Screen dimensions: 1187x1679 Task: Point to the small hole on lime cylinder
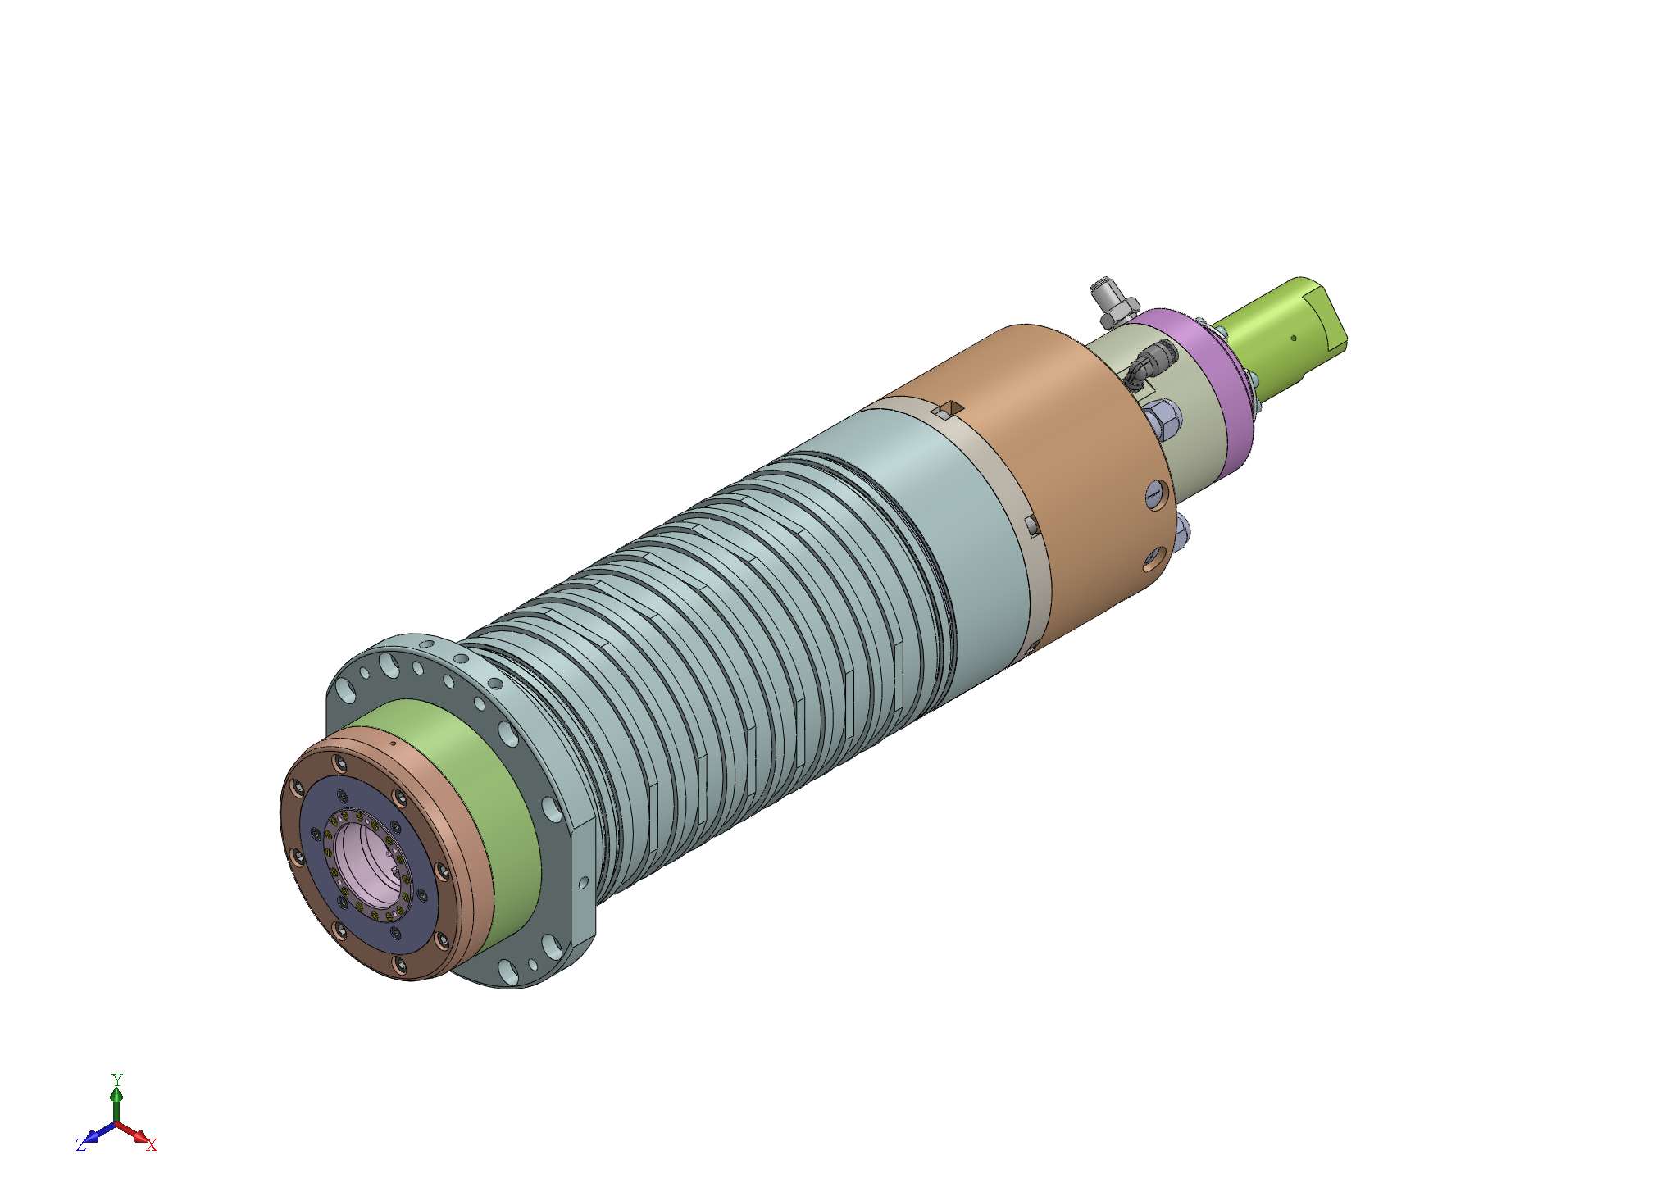[x=1294, y=338]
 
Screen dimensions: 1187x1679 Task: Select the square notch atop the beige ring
[x=952, y=408]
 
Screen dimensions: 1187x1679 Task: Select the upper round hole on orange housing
[x=1153, y=495]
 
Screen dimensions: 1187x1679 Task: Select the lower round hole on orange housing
[x=1152, y=562]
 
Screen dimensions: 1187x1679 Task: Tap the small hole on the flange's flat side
[x=583, y=884]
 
